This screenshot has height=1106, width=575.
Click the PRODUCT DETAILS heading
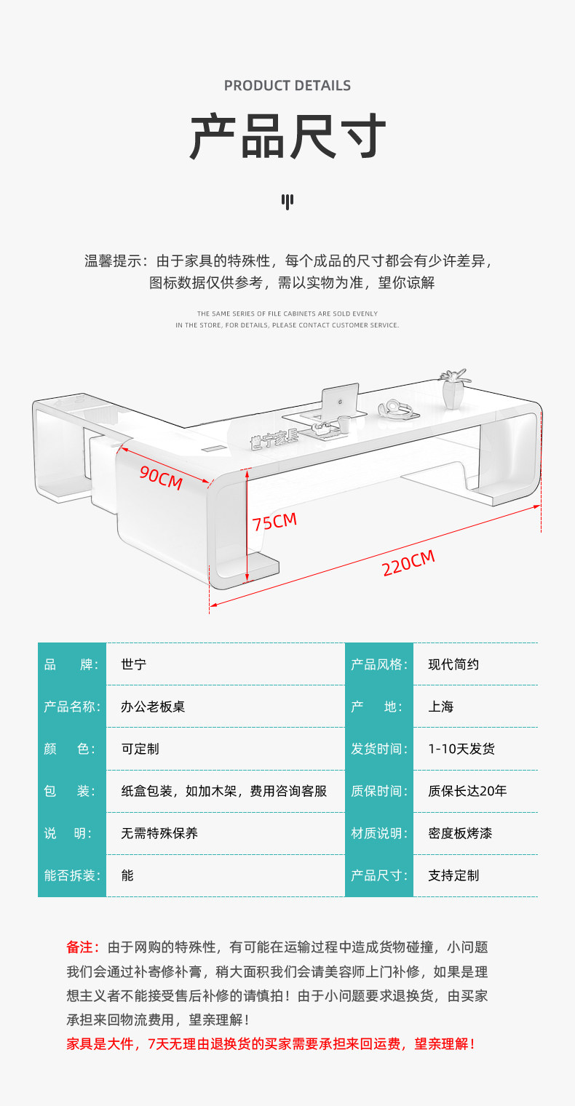(x=287, y=86)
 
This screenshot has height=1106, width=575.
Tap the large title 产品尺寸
(x=287, y=136)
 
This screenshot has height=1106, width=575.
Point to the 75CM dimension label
(x=274, y=522)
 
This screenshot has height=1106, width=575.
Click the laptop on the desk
(x=339, y=399)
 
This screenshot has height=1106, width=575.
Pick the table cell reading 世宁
(x=134, y=664)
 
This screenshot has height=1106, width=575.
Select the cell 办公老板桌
(x=153, y=707)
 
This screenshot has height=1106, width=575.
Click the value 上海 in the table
(x=440, y=707)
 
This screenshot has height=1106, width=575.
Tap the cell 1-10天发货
(x=461, y=749)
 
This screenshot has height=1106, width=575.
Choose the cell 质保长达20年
(x=467, y=791)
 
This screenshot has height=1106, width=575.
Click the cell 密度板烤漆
(x=460, y=833)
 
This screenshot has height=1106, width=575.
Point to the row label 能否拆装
(x=72, y=875)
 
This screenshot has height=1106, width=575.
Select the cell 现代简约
(x=453, y=664)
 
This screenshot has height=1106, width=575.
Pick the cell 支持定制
(x=453, y=875)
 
